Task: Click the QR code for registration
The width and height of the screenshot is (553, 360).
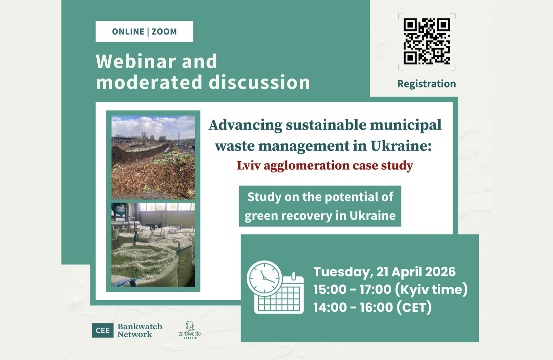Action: click(427, 41)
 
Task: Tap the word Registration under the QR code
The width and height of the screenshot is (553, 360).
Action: click(426, 84)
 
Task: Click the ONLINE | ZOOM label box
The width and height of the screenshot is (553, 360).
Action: click(144, 31)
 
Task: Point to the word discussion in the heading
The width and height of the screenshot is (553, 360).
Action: click(259, 82)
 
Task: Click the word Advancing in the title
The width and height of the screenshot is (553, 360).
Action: click(245, 125)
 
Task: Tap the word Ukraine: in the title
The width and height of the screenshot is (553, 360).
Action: click(401, 146)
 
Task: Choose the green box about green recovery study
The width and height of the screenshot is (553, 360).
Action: click(320, 206)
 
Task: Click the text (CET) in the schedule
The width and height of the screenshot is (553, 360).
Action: click(414, 307)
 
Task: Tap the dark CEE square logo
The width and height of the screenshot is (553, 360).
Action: click(103, 330)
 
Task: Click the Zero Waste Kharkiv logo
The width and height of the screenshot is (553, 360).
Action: click(190, 331)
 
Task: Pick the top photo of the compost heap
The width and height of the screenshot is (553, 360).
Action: click(153, 157)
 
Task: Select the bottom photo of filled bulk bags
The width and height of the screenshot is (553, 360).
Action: click(153, 245)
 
